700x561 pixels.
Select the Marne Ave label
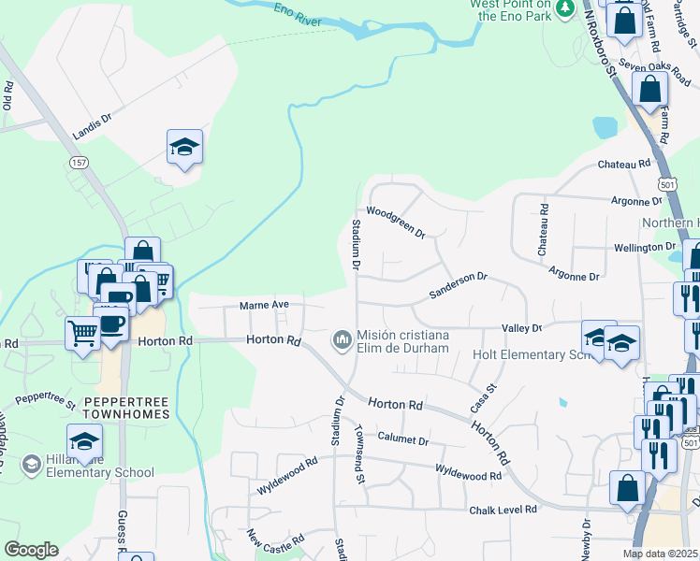pyautogui.click(x=265, y=305)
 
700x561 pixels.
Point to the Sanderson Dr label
pyautogui.click(x=459, y=285)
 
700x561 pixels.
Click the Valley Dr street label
pyautogui.click(x=522, y=328)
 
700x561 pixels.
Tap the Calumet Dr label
pyautogui.click(x=403, y=439)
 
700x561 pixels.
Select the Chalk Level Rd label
pyautogui.click(x=504, y=510)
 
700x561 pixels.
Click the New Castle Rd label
pyautogui.click(x=277, y=540)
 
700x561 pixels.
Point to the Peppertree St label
pyautogui.click(x=45, y=400)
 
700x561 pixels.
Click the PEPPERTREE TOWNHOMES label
pyautogui.click(x=126, y=407)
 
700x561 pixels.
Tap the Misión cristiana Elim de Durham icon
pyautogui.click(x=342, y=337)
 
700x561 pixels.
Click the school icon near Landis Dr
pyautogui.click(x=184, y=146)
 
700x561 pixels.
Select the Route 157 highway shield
pyautogui.click(x=79, y=162)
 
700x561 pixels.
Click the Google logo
pyautogui.click(x=31, y=550)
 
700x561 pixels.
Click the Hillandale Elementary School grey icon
pyautogui.click(x=31, y=464)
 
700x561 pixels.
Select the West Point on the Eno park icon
pyautogui.click(x=564, y=8)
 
